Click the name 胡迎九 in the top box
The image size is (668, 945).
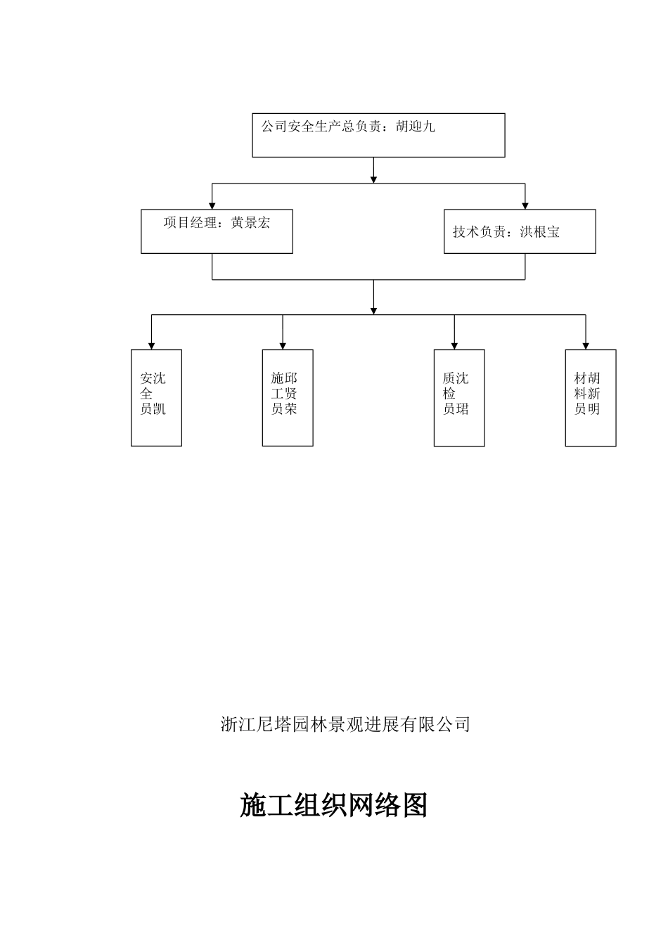[415, 127]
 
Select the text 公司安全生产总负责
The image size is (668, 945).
[321, 127]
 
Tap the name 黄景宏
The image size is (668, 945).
[250, 223]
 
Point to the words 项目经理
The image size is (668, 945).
[190, 223]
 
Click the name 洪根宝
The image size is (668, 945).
[540, 231]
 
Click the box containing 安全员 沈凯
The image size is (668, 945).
[156, 397]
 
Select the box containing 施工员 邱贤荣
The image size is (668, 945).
[288, 397]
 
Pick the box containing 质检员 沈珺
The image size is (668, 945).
[459, 397]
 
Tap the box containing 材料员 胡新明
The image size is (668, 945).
[591, 397]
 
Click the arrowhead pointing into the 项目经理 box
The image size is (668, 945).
[212, 205]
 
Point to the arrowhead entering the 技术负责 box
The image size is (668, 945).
[525, 205]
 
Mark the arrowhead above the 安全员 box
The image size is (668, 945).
[151, 345]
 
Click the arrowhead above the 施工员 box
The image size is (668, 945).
[283, 345]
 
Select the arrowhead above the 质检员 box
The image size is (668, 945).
[454, 345]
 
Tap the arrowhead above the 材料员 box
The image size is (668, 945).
[586, 345]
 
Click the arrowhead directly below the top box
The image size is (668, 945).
[373, 179]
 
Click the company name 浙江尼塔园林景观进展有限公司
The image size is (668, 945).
[345, 724]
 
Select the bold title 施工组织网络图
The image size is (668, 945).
[334, 805]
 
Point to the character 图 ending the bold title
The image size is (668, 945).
[414, 805]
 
